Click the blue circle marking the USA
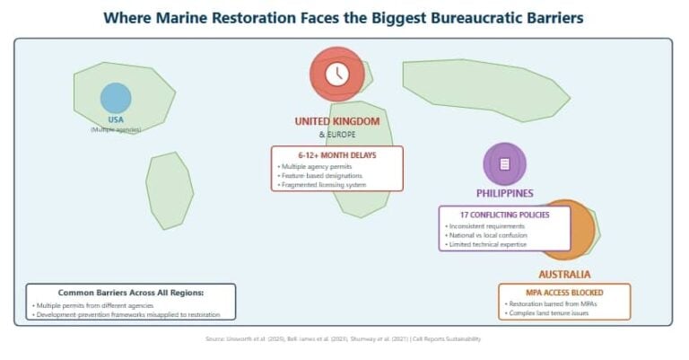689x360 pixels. pyautogui.click(x=116, y=98)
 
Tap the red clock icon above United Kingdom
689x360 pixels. pyautogui.click(x=337, y=74)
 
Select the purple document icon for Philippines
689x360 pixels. pyautogui.click(x=504, y=164)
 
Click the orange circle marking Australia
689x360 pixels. pyautogui.click(x=566, y=230)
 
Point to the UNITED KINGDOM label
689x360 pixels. pyautogui.click(x=337, y=121)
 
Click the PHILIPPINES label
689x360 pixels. pyautogui.click(x=504, y=193)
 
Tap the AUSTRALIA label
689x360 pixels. pyautogui.click(x=564, y=274)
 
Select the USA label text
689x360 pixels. pyautogui.click(x=116, y=119)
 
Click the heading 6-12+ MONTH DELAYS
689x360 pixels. pyautogui.click(x=337, y=155)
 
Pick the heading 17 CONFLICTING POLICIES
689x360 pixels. pyautogui.click(x=504, y=215)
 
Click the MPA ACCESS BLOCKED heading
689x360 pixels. pyautogui.click(x=564, y=293)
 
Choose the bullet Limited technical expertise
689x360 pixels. pyautogui.click(x=486, y=243)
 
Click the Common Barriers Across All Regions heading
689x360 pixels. pyautogui.click(x=131, y=293)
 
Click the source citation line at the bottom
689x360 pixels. pyautogui.click(x=344, y=339)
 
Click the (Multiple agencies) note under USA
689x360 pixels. pyautogui.click(x=116, y=130)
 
